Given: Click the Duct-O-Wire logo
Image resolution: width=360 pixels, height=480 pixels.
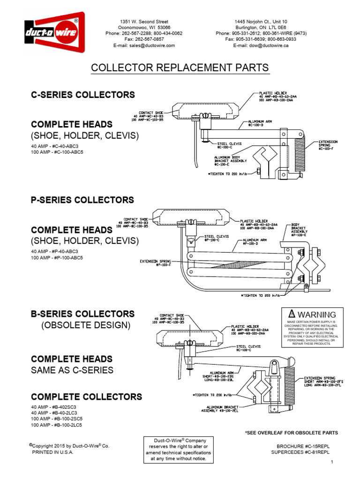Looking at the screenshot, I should pos(54,32).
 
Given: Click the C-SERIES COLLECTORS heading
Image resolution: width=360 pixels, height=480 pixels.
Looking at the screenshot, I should pos(82,95).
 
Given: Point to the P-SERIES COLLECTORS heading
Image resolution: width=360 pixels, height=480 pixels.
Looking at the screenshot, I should pos(82,200).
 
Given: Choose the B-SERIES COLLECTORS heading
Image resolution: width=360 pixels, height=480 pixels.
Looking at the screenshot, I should pos(82,314).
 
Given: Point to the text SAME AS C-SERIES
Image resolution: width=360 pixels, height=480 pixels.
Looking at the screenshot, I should pos(72,370).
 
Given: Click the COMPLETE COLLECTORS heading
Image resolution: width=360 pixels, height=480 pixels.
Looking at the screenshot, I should pos(86,397).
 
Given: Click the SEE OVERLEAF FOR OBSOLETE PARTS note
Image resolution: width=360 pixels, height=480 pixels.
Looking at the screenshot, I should pos(291,432).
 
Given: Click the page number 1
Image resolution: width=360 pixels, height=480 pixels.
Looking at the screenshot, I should pos(331,463).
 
